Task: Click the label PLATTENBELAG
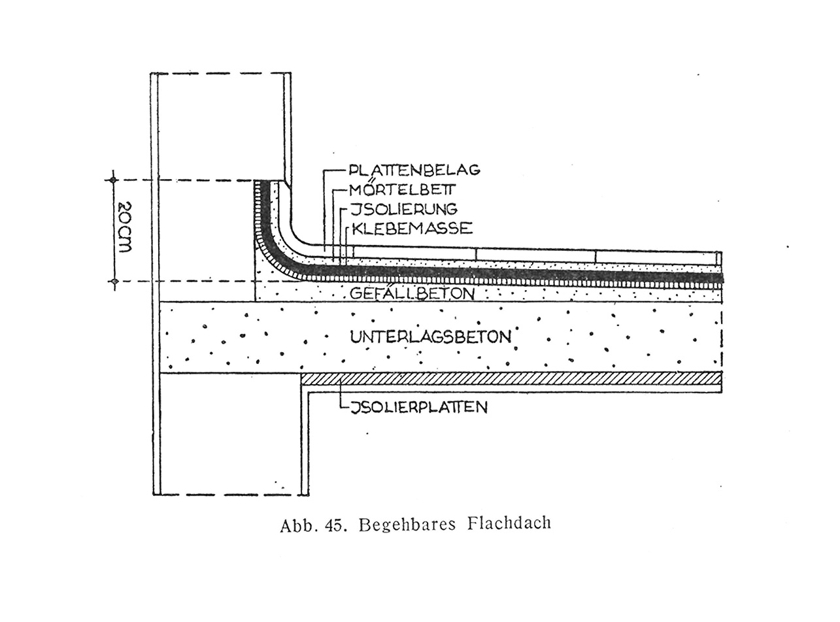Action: (414, 170)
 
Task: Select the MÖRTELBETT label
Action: (402, 188)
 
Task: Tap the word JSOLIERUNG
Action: (404, 209)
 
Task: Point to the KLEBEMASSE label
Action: (412, 229)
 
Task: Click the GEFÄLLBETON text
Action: (412, 293)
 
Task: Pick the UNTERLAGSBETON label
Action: (431, 336)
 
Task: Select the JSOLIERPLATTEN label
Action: (419, 407)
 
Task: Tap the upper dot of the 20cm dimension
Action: (112, 180)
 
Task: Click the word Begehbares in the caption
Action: (407, 525)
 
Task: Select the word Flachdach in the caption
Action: (509, 523)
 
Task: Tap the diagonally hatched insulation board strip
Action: (511, 378)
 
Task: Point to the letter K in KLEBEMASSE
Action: (358, 229)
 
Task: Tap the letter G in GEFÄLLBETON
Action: (356, 293)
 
